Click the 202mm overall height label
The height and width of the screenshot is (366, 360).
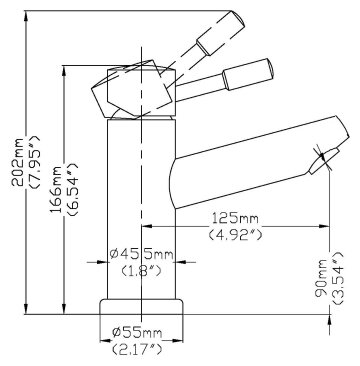tap(17, 162)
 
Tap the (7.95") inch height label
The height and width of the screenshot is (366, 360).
tap(34, 162)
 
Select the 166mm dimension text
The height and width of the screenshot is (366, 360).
tap(56, 189)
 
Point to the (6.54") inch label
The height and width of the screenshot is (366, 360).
tap(72, 189)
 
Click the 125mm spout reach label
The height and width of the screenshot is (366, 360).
tap(236, 218)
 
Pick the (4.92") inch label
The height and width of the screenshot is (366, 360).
tap(236, 235)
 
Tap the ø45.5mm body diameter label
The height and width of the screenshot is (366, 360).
tap(142, 255)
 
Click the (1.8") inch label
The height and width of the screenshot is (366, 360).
tap(141, 271)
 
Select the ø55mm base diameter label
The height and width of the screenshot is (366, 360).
tap(137, 332)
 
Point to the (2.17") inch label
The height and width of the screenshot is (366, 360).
tap(137, 349)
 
